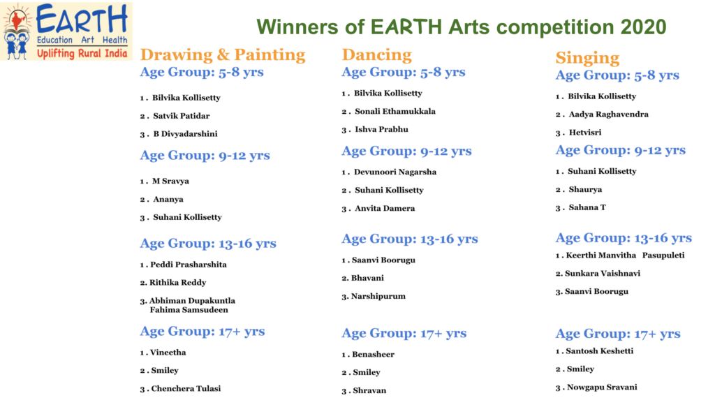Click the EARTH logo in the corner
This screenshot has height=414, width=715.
tap(66, 31)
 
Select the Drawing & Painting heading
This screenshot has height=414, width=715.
tap(223, 54)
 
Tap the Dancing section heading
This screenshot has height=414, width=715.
tap(376, 54)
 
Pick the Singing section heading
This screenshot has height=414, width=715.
tap(587, 58)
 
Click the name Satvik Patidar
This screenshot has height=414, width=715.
tap(182, 116)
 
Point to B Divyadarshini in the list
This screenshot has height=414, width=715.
tap(185, 134)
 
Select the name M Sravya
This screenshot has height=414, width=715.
tap(170, 181)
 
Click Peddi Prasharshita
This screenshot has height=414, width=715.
tap(189, 265)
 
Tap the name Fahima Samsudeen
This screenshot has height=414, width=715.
tap(189, 310)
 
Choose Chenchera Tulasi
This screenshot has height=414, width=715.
tap(186, 388)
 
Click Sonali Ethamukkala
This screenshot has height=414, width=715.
tap(395, 111)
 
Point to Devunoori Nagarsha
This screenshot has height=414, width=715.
tap(395, 172)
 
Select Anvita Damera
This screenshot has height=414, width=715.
tap(385, 208)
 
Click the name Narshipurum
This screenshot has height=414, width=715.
tap(378, 297)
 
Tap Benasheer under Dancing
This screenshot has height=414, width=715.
tap(373, 354)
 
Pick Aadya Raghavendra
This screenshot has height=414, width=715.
tap(608, 114)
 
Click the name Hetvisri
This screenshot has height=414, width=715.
tap(585, 133)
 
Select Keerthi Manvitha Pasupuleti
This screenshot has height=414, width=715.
tap(625, 256)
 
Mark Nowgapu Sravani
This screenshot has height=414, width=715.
tap(602, 387)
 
